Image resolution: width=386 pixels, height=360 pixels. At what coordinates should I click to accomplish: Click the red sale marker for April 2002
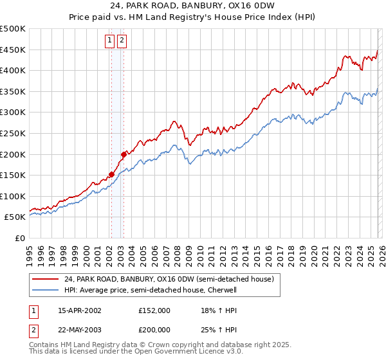click(111, 174)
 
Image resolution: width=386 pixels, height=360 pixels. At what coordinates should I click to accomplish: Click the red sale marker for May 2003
click(124, 154)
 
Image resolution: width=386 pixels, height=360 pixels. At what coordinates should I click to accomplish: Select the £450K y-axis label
click(13, 50)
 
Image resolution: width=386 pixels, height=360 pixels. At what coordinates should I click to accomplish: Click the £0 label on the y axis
click(19, 238)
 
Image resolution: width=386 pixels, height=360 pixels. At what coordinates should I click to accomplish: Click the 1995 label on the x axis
click(30, 252)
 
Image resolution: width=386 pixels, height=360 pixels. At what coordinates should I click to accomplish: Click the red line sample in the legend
click(45, 279)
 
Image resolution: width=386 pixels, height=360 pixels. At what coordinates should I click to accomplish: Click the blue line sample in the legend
click(45, 290)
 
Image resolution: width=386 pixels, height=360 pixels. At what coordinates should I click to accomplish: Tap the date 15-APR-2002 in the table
click(79, 310)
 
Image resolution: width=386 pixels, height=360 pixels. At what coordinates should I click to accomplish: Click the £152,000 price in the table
click(154, 310)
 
